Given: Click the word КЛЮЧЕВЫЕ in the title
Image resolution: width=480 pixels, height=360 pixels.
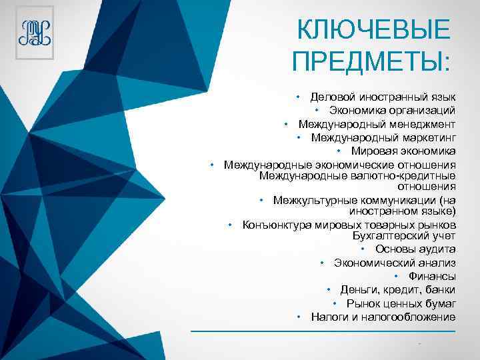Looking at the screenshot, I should [373, 30].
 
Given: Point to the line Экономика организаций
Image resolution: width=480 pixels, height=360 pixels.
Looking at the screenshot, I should [392, 110].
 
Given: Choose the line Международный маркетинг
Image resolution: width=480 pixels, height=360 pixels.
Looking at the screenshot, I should [383, 137].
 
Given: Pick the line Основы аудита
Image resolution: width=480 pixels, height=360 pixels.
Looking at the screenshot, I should [415, 249].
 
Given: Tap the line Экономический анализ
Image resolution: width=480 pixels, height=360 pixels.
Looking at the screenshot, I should [395, 263].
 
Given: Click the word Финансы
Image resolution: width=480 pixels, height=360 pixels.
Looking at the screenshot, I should [431, 276].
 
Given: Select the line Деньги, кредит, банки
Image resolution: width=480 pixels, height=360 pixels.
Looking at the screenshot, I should [398, 289].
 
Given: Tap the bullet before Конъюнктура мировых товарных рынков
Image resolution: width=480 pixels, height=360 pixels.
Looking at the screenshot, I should [229, 225].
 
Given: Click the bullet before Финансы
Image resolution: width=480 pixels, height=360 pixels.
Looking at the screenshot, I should [396, 276].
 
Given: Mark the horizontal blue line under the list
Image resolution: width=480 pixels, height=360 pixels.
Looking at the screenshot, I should [323, 331].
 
